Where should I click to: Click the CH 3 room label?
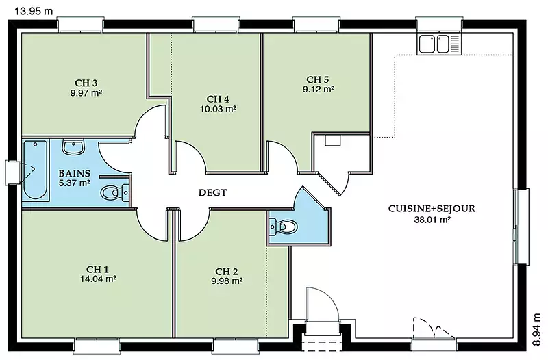[86, 83]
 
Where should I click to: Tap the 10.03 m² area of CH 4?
[218, 109]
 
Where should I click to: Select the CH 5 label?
[318, 79]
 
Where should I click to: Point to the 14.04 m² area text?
[98, 279]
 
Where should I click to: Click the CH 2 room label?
[227, 271]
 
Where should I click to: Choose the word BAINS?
[75, 173]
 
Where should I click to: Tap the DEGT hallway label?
[212, 192]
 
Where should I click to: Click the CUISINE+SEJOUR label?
[432, 209]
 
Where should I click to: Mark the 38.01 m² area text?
[432, 220]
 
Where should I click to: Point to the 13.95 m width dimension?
[34, 11]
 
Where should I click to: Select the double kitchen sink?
[438, 44]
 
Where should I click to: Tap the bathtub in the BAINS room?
[36, 169]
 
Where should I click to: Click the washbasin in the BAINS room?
[73, 146]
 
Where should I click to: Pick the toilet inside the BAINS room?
[114, 192]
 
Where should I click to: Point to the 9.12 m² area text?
[319, 90]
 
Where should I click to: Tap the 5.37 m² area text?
[75, 183]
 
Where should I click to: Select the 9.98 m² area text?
[227, 281]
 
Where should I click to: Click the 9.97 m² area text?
[86, 93]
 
